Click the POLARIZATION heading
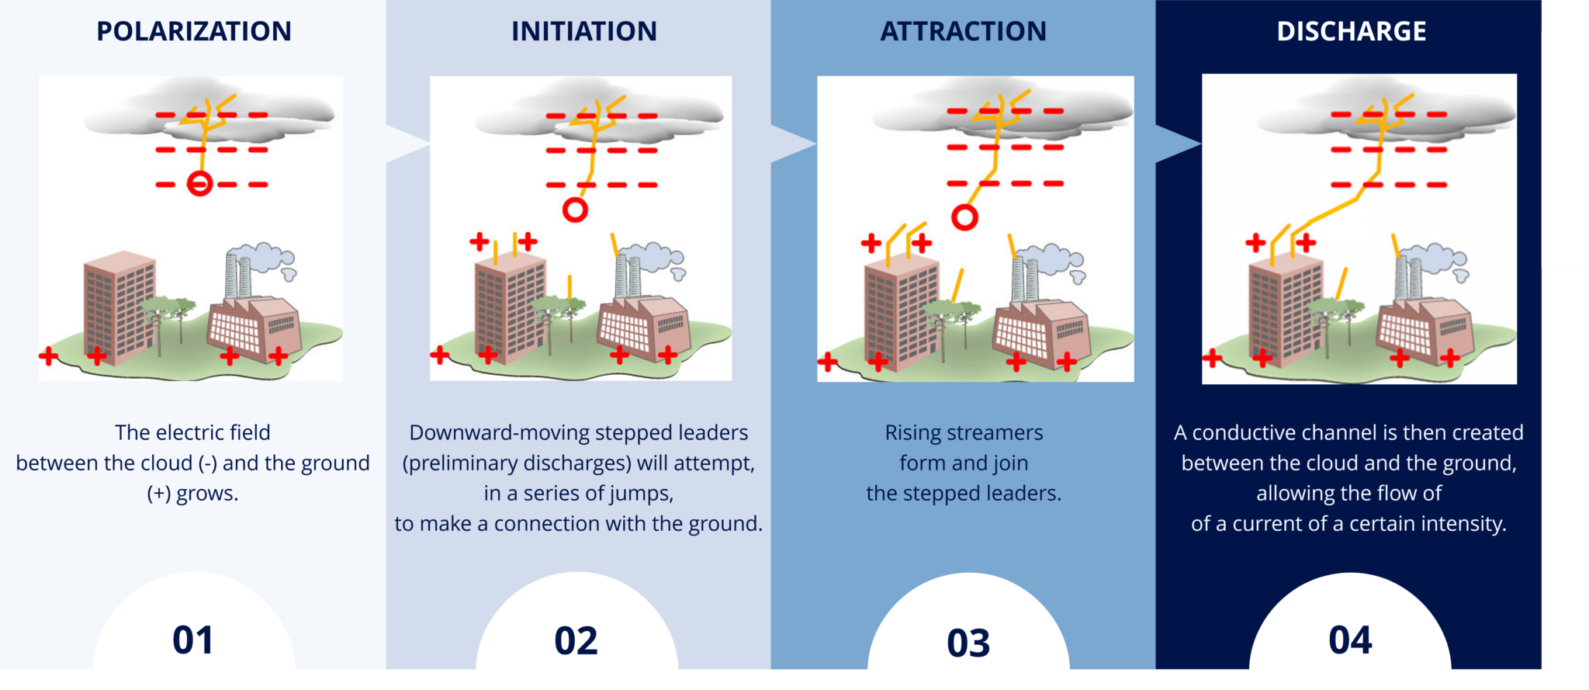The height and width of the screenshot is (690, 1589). pyautogui.click(x=194, y=31)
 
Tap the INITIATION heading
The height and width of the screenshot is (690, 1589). pyautogui.click(x=584, y=31)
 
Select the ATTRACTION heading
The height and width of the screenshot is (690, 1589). pyautogui.click(x=964, y=31)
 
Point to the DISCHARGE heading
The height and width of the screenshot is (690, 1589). pyautogui.click(x=1352, y=31)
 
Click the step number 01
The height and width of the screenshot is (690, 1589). pyautogui.click(x=193, y=640)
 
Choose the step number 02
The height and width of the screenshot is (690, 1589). pyautogui.click(x=576, y=641)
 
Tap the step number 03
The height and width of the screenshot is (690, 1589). pyautogui.click(x=968, y=643)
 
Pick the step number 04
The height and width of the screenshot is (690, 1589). pyautogui.click(x=1350, y=640)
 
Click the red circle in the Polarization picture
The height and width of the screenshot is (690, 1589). pyautogui.click(x=200, y=172)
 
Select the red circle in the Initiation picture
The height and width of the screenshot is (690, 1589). pyautogui.click(x=575, y=198)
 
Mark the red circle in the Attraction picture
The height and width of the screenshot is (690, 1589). pyautogui.click(x=964, y=206)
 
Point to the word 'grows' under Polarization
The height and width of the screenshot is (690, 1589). pyautogui.click(x=207, y=494)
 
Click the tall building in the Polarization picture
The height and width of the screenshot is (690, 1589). pyautogui.click(x=119, y=307)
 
